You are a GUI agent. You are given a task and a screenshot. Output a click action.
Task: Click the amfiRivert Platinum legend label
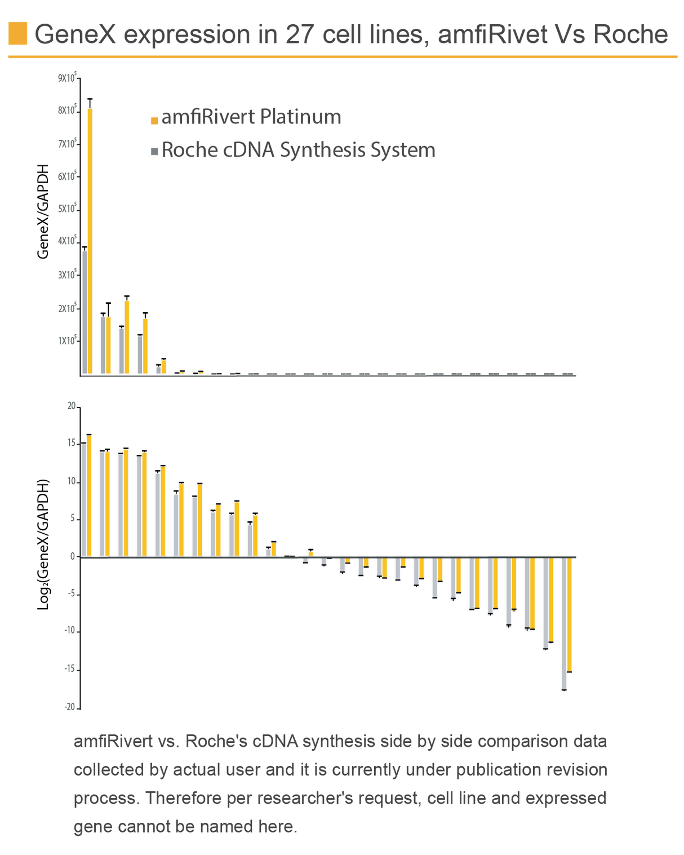point(251,117)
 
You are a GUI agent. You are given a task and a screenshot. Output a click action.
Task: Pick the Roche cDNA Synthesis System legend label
point(299,150)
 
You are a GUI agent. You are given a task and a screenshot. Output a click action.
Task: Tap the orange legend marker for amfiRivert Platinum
point(154,119)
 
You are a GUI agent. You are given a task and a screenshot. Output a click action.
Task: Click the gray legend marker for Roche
point(154,152)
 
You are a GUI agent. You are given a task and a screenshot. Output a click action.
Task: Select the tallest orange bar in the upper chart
point(90,240)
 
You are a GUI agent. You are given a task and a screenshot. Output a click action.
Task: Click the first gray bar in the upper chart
point(84,312)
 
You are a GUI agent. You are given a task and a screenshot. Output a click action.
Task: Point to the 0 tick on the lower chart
point(73,556)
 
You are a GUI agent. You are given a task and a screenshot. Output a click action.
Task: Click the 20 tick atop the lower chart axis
point(71,406)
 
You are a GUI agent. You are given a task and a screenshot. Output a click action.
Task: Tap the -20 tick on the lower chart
point(70,707)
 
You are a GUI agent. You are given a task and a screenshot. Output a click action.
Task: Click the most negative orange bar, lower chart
point(570,614)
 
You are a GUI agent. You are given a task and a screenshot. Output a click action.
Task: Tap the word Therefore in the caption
point(181,799)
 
